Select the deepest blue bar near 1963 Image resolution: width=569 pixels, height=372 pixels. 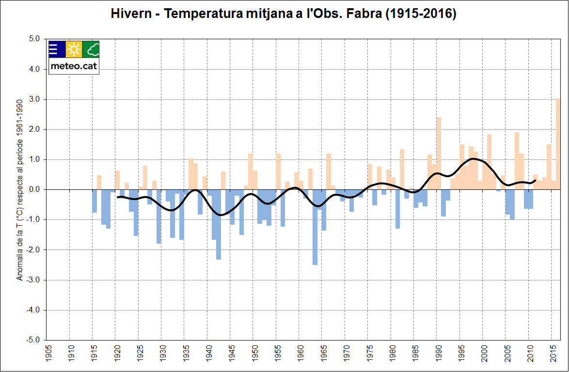click(x=315, y=227)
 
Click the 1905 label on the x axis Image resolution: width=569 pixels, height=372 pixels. click(x=47, y=354)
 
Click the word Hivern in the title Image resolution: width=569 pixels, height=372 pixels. click(x=131, y=14)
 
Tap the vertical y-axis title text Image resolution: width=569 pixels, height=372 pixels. click(x=20, y=194)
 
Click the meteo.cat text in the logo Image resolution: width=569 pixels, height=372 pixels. click(x=74, y=67)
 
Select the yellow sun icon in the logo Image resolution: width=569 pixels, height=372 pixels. click(x=74, y=49)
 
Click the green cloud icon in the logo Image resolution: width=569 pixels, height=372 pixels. click(x=91, y=49)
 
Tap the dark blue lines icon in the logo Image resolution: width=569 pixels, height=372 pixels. click(x=57, y=49)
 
